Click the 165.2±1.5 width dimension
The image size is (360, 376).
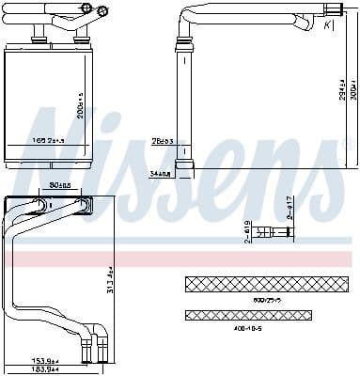pyautogui.click(x=47, y=140)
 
